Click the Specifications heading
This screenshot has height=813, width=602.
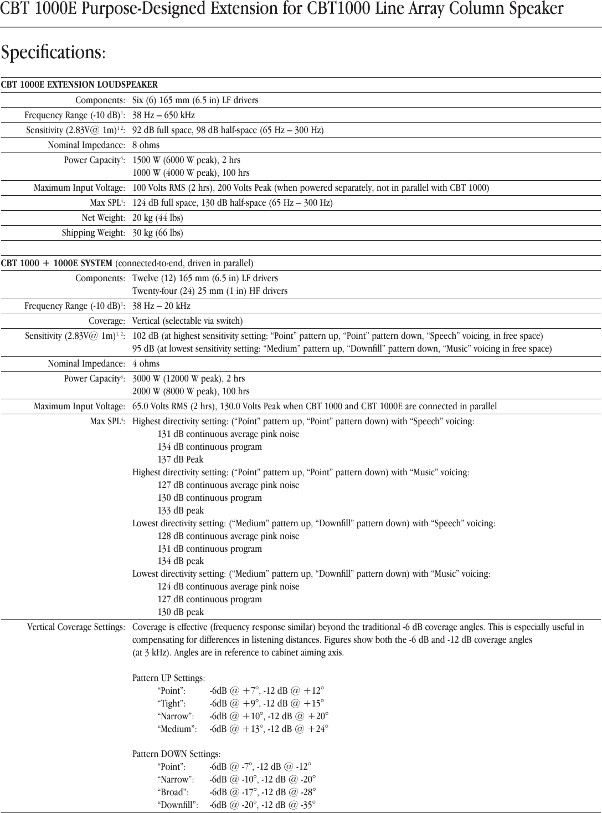[x=53, y=53]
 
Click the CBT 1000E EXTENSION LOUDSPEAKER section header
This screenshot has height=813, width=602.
[x=79, y=85]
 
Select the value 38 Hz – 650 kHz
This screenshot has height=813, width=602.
[x=163, y=115]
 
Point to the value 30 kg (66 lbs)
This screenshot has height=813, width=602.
[x=157, y=233]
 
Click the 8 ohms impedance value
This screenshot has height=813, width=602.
[x=146, y=145]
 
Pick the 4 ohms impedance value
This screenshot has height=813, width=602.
[x=146, y=364]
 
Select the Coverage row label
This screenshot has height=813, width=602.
[x=107, y=321]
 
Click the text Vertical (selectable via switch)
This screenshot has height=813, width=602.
[x=187, y=321]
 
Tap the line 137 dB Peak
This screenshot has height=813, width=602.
[x=181, y=460]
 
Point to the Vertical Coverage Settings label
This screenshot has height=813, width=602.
[x=76, y=627]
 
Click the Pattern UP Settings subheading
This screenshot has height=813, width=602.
[x=168, y=678]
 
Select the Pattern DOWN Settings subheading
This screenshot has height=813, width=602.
[x=176, y=754]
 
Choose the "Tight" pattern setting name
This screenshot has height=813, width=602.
[x=172, y=704]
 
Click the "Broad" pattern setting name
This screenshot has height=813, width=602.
[x=173, y=792]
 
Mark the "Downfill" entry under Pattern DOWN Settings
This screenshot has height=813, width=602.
[x=178, y=805]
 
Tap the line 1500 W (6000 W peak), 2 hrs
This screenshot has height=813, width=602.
[x=186, y=160]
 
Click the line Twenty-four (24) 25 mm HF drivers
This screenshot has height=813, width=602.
[x=210, y=291]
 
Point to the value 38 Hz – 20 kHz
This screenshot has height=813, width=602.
[x=161, y=306]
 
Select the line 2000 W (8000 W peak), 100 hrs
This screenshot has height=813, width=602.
[x=191, y=392]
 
